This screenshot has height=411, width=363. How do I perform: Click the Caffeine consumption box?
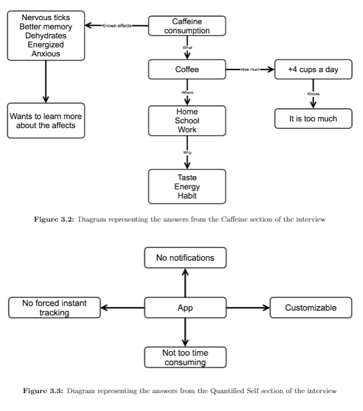(187, 26)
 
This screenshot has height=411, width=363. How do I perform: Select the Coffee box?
(187, 70)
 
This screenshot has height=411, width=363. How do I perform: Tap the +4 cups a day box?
(313, 70)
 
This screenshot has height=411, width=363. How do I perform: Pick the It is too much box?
(313, 119)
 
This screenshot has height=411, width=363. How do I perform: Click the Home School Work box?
(187, 121)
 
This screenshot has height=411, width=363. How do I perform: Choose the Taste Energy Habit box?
(187, 187)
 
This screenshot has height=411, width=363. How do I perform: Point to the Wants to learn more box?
(46, 120)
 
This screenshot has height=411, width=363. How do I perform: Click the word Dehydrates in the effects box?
(46, 36)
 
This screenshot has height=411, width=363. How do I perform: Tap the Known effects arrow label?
(117, 26)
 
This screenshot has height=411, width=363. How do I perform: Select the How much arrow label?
(250, 70)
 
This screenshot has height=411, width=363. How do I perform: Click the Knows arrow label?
(314, 94)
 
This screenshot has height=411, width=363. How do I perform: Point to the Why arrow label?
(188, 153)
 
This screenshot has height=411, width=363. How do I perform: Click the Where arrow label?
(188, 92)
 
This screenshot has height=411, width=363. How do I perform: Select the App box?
(185, 307)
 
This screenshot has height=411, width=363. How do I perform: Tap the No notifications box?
(185, 258)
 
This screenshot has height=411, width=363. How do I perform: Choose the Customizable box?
(311, 307)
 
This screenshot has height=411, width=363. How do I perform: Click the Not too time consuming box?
(185, 357)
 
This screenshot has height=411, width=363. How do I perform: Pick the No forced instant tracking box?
(55, 307)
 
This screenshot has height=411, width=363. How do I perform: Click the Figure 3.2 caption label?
(54, 219)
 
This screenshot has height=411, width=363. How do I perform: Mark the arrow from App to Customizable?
(248, 307)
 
